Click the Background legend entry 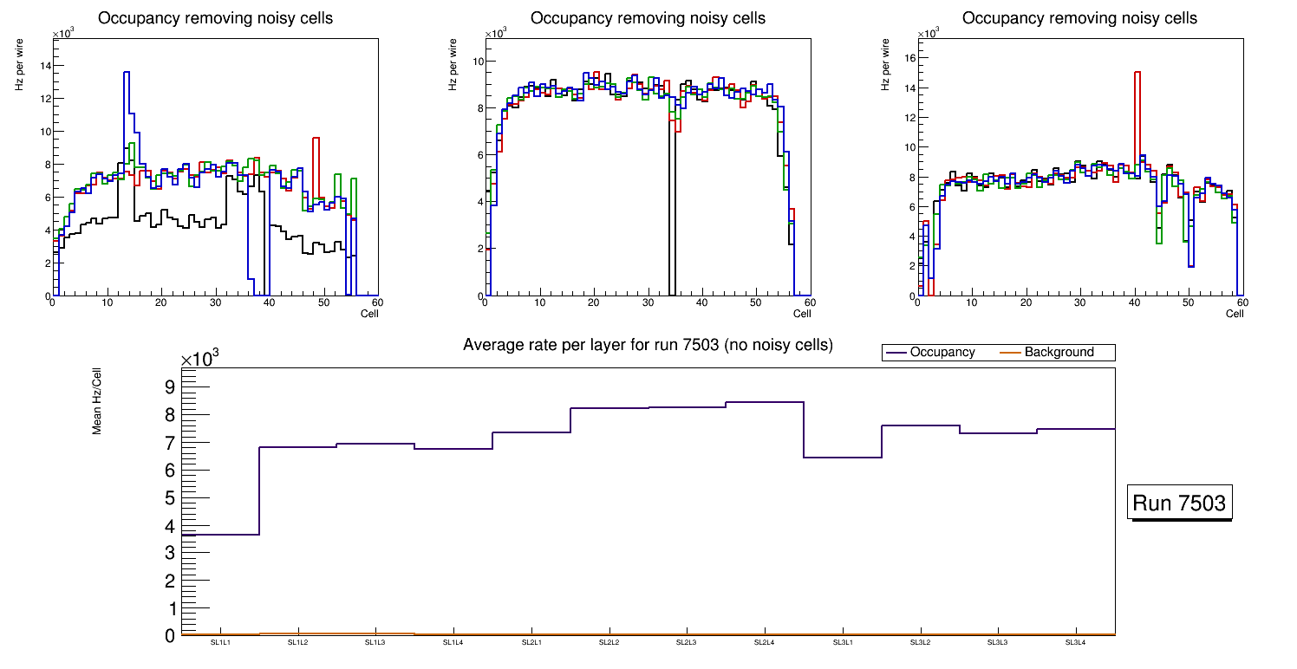pyautogui.click(x=1059, y=353)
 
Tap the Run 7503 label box pyautogui.click(x=1181, y=503)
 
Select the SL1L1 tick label pyautogui.click(x=219, y=643)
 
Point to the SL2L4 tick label pyautogui.click(x=764, y=643)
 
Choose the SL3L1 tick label pyautogui.click(x=842, y=643)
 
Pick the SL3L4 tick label pyautogui.click(x=1075, y=643)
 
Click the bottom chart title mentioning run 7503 pyautogui.click(x=648, y=345)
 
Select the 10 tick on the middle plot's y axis pyautogui.click(x=477, y=62)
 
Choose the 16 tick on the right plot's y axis pyautogui.click(x=909, y=58)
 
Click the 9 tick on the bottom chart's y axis pyautogui.click(x=170, y=386)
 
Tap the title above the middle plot pyautogui.click(x=648, y=18)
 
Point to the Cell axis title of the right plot pyautogui.click(x=1235, y=314)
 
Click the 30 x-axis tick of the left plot pyautogui.click(x=215, y=303)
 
